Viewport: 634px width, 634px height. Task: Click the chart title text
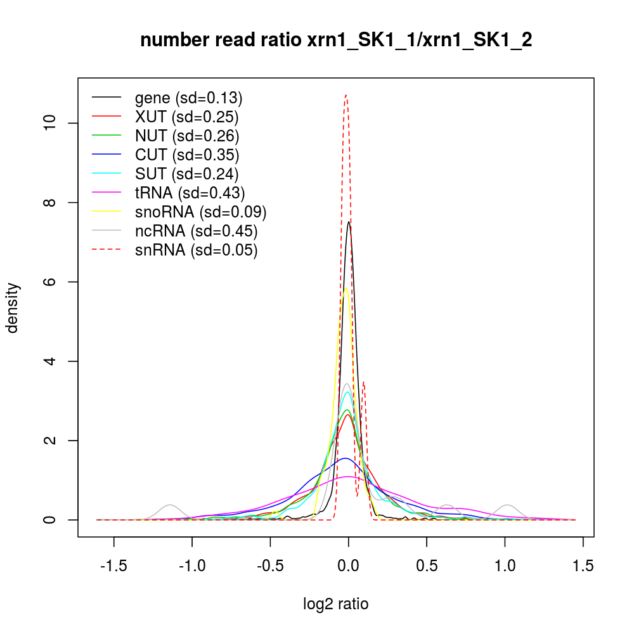(335, 41)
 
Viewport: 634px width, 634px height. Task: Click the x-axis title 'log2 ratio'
(336, 604)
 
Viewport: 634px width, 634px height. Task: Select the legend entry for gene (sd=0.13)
(189, 98)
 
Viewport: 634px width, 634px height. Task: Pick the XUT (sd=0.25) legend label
(187, 117)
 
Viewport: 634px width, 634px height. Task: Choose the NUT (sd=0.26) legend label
(187, 136)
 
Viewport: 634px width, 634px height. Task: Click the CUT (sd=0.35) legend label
(187, 155)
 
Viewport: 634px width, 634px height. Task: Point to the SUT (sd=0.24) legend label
(187, 174)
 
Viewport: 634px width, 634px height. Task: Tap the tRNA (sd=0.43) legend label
(190, 193)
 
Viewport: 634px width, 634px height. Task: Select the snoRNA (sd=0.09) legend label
(200, 212)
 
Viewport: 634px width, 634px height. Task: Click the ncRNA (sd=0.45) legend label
(197, 231)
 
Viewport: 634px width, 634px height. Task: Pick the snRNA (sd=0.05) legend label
(197, 250)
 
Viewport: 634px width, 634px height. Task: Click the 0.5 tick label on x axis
(427, 566)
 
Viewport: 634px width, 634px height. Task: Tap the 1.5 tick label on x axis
(583, 566)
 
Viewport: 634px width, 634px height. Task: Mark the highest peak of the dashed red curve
(346, 95)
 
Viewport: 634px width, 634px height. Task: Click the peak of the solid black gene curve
(349, 222)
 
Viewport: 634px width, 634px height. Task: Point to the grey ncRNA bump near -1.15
(169, 505)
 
